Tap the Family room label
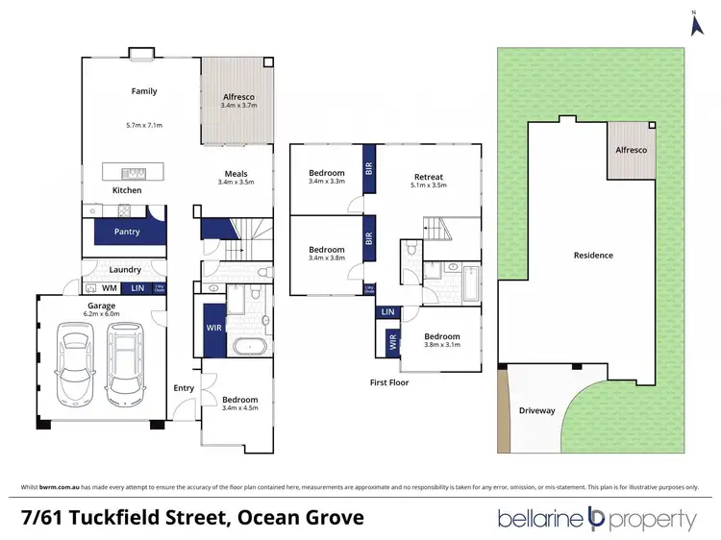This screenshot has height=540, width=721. coord(144,92)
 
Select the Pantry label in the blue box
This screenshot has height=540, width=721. coord(127,232)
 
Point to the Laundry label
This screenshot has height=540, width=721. coord(125,270)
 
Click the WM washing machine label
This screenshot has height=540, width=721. coord(109,287)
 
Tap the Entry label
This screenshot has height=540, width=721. coord(184,388)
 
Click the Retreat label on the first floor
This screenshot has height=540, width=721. coord(428,177)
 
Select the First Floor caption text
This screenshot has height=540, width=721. coord(390,382)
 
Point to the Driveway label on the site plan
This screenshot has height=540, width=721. coord(536,410)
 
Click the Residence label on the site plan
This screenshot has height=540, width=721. coord(593,255)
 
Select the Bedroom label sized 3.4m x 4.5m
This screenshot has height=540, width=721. coord(240,399)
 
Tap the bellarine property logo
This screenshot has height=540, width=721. coord(596,519)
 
